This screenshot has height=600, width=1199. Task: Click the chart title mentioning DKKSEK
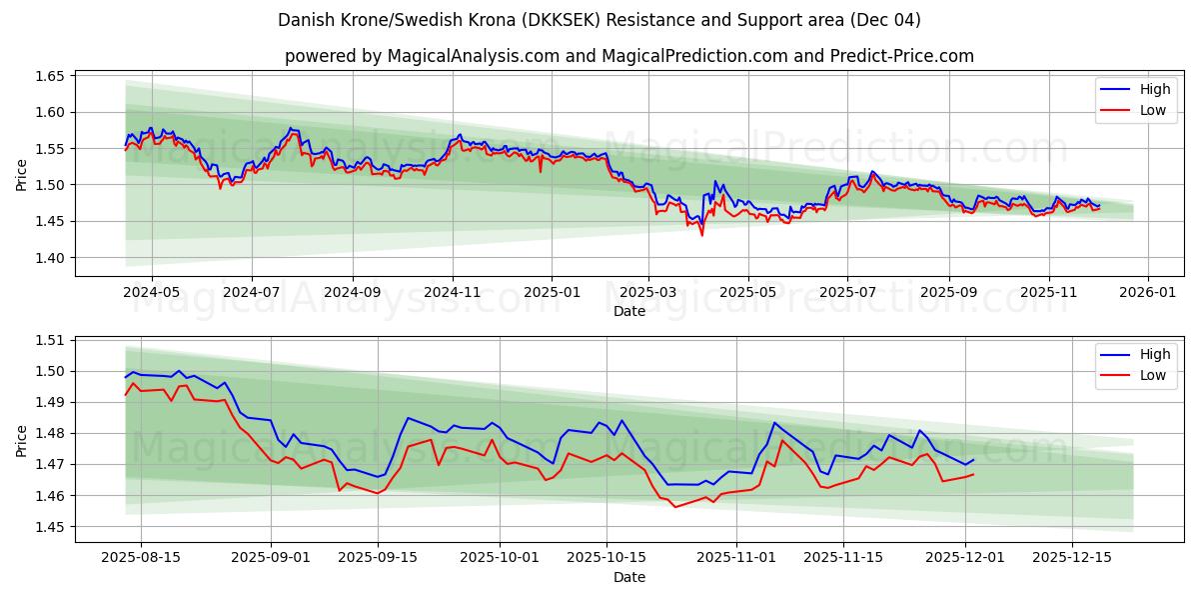tap(599, 20)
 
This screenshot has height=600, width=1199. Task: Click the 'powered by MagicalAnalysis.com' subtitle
tap(629, 56)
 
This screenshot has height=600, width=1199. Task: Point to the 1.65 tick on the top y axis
tap(50, 76)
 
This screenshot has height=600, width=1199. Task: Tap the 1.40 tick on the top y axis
tap(50, 258)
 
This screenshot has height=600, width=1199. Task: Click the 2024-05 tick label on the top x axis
tap(152, 291)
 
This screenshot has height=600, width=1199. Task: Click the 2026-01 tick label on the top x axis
tap(1147, 291)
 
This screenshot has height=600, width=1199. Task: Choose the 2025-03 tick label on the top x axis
tap(648, 291)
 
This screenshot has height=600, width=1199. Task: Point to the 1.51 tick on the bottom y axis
tap(50, 340)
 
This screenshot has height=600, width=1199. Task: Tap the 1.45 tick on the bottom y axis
tap(50, 527)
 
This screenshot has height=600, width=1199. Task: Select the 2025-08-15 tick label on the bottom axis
tap(140, 556)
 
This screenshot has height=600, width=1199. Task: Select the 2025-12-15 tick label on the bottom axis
tap(1071, 556)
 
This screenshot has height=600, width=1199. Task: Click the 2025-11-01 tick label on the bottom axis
tap(735, 556)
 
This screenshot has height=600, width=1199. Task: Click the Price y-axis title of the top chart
tap(22, 175)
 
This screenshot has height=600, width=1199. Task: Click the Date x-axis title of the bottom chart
tap(629, 577)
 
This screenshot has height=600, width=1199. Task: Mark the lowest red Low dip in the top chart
tap(701, 235)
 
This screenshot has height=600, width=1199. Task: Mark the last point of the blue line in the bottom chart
tap(972, 460)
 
